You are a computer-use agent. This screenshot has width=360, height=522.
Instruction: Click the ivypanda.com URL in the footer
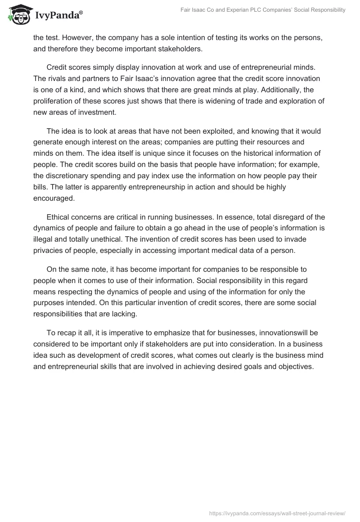pyautogui.click(x=278, y=513)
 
